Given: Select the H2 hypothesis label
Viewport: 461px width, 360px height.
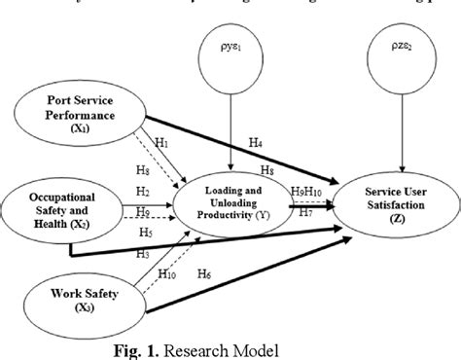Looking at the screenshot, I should (143, 191).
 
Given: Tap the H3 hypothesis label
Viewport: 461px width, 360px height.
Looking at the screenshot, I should (143, 253).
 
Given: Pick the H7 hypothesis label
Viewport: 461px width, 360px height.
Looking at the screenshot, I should (305, 211).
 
